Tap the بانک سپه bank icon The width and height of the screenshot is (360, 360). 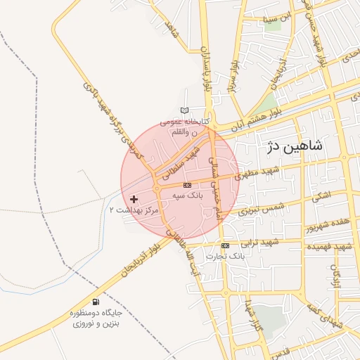point(187,185)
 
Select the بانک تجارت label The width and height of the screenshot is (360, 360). point(224,257)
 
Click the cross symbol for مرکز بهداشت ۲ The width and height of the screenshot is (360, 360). point(134,200)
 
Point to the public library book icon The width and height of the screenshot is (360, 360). point(185,110)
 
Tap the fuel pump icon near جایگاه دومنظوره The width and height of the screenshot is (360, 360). point(96,302)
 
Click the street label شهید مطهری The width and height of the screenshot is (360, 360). point(257,172)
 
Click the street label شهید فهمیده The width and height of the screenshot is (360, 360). point(333,247)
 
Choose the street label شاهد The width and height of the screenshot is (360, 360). point(169,30)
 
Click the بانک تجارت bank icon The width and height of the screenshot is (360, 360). point(225,245)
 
